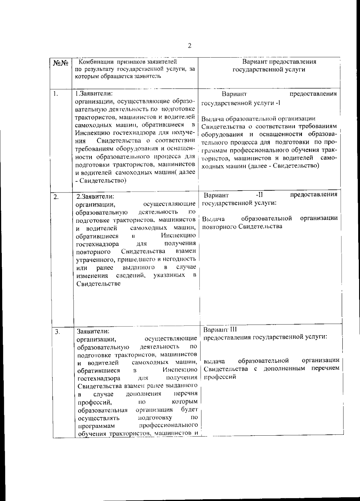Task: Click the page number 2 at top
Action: pos(189,46)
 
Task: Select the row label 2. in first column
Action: pos(56,197)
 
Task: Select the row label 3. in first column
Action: pos(57,332)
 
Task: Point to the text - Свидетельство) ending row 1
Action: pos(100,180)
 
